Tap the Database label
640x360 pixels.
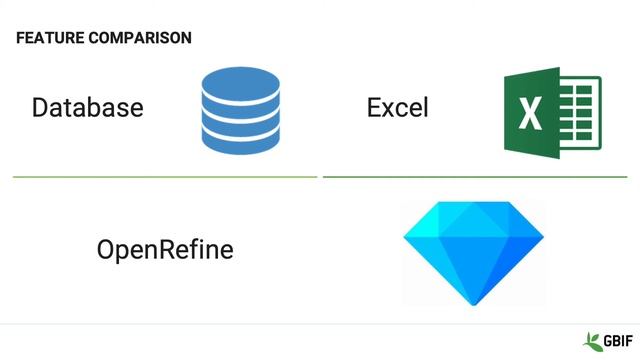[88, 108]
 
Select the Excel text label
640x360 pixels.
[397, 108]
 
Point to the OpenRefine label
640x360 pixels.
[165, 249]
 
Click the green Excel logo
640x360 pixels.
[551, 113]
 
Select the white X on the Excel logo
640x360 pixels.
[530, 113]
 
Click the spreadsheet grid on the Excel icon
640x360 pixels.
[580, 113]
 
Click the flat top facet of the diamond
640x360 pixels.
[473, 212]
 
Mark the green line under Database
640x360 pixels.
[165, 177]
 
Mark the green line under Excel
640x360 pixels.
[475, 177]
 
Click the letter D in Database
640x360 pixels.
[41, 108]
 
